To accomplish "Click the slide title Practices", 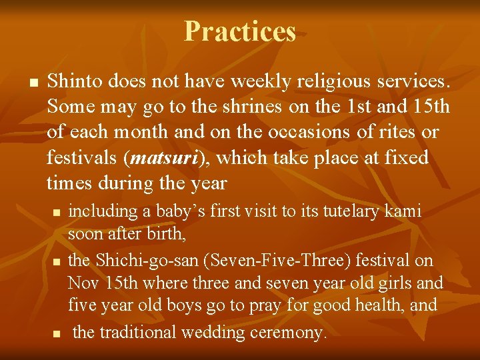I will (x=240, y=31).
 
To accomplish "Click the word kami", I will (x=404, y=211).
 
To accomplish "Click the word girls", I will (x=399, y=283).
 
